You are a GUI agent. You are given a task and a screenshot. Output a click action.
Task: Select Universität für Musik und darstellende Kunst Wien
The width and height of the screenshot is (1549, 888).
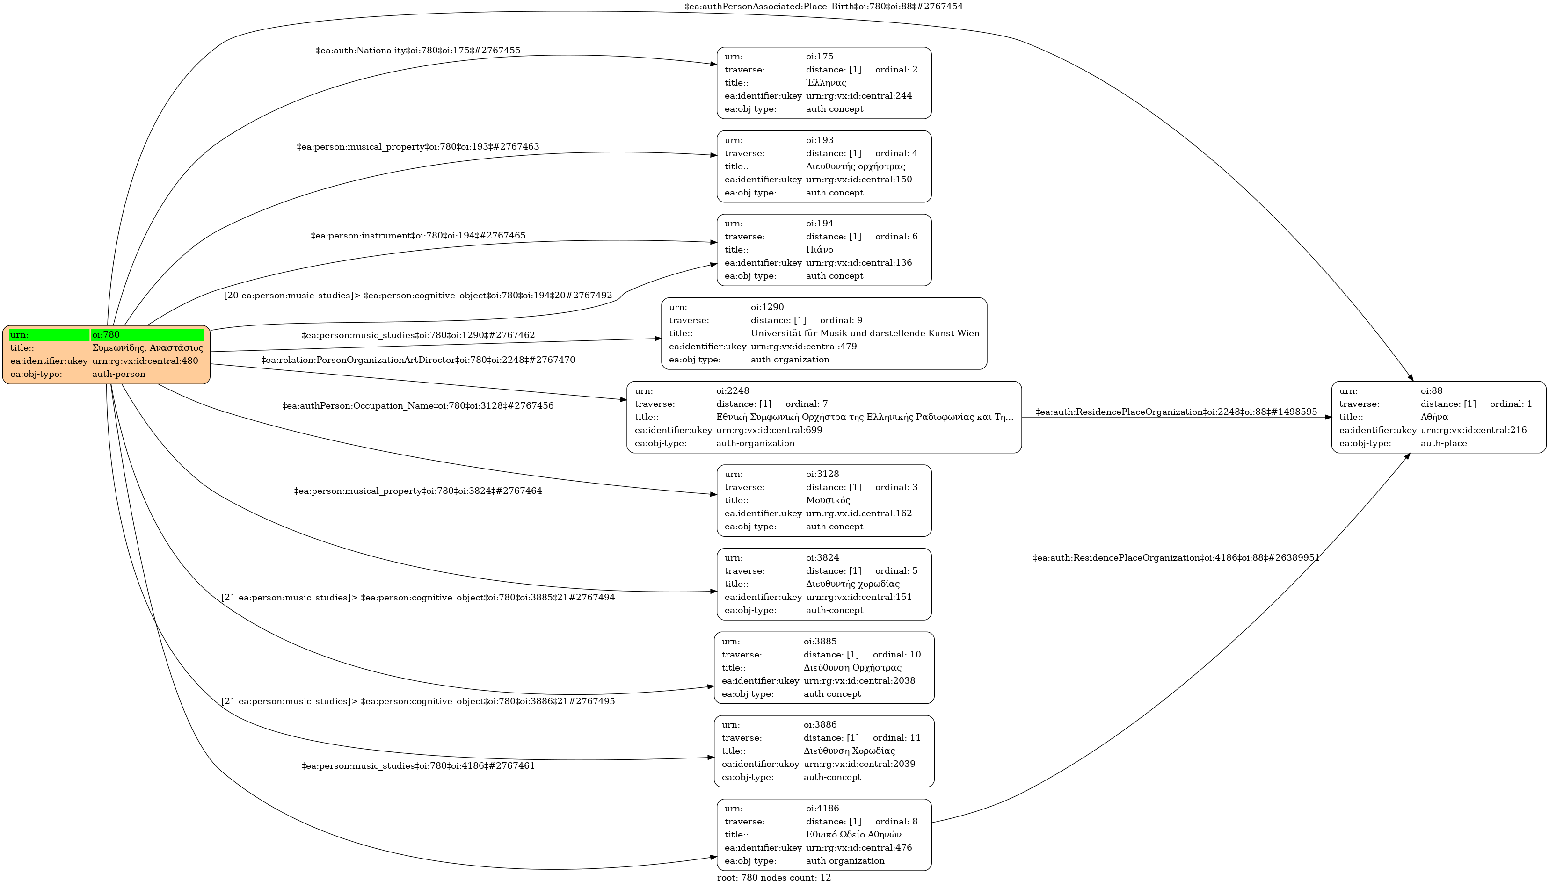(865, 333)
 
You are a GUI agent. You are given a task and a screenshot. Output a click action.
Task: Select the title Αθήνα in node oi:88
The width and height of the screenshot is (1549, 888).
(1434, 417)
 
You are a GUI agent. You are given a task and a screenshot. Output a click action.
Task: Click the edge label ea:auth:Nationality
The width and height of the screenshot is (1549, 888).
(418, 51)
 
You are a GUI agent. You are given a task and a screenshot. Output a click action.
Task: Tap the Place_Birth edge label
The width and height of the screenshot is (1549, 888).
(823, 7)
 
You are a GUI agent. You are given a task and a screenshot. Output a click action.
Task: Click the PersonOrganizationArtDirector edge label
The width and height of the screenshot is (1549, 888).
(418, 361)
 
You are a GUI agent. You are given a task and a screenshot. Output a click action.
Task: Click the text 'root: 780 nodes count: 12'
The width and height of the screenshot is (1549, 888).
(774, 878)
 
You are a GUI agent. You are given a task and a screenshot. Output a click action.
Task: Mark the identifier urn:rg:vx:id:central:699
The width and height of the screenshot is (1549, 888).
(769, 431)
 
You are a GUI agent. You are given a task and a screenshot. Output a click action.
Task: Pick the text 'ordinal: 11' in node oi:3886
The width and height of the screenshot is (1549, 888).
(896, 738)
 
